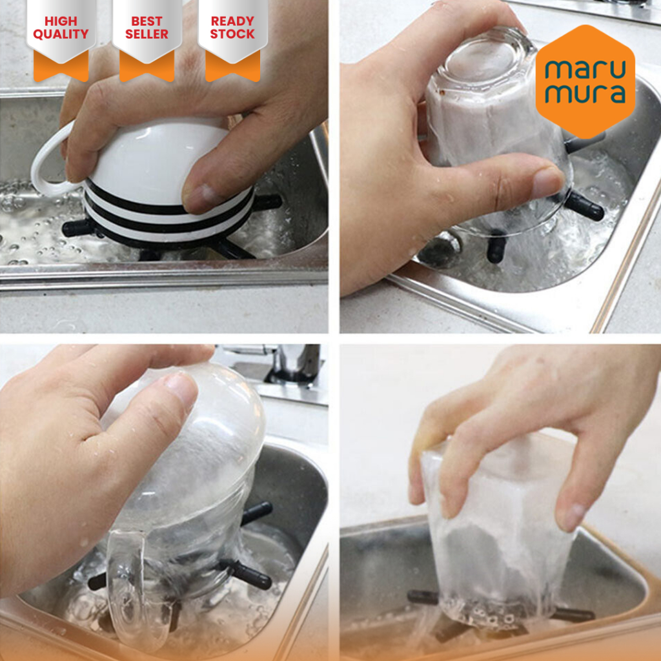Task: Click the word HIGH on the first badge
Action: (61, 21)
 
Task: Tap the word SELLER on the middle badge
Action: (147, 34)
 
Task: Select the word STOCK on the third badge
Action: (232, 34)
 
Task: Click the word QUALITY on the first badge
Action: (61, 34)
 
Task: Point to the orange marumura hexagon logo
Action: (585, 81)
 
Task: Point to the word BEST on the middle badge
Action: (147, 21)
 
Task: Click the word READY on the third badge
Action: (232, 21)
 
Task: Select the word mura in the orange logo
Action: (585, 94)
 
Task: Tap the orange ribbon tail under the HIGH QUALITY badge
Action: (61, 67)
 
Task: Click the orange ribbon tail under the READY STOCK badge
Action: (232, 67)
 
